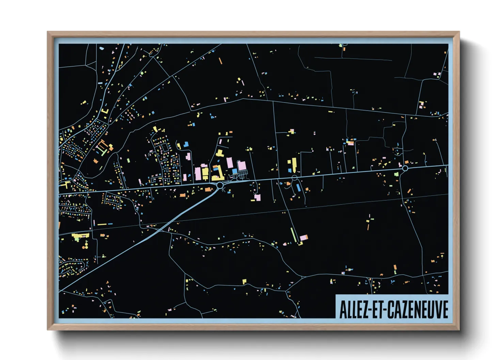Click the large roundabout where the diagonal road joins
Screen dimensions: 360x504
(220, 185)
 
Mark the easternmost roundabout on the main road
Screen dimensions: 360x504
(405, 168)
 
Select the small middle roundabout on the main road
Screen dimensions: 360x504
(295, 178)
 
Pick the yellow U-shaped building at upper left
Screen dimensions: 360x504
(105, 111)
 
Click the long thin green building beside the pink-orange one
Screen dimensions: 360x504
(293, 235)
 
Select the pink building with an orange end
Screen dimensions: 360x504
(304, 238)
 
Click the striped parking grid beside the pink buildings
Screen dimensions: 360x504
(243, 175)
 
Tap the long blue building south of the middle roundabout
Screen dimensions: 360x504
(299, 187)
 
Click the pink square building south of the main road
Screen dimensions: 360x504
(257, 197)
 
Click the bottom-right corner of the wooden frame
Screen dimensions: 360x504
(459, 329)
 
